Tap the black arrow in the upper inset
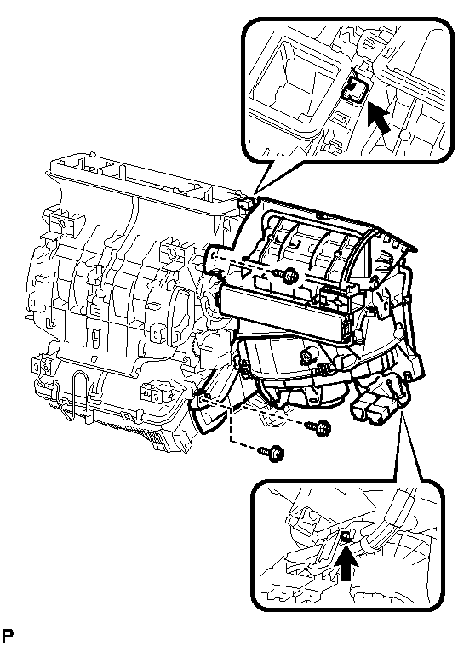(378, 117)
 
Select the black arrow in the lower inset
(347, 565)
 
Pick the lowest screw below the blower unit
(272, 454)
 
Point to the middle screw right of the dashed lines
(318, 426)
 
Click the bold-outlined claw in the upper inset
(354, 90)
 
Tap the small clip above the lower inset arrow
(346, 536)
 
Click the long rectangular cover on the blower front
(284, 314)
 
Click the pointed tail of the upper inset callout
(255, 193)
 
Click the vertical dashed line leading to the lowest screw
(232, 425)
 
